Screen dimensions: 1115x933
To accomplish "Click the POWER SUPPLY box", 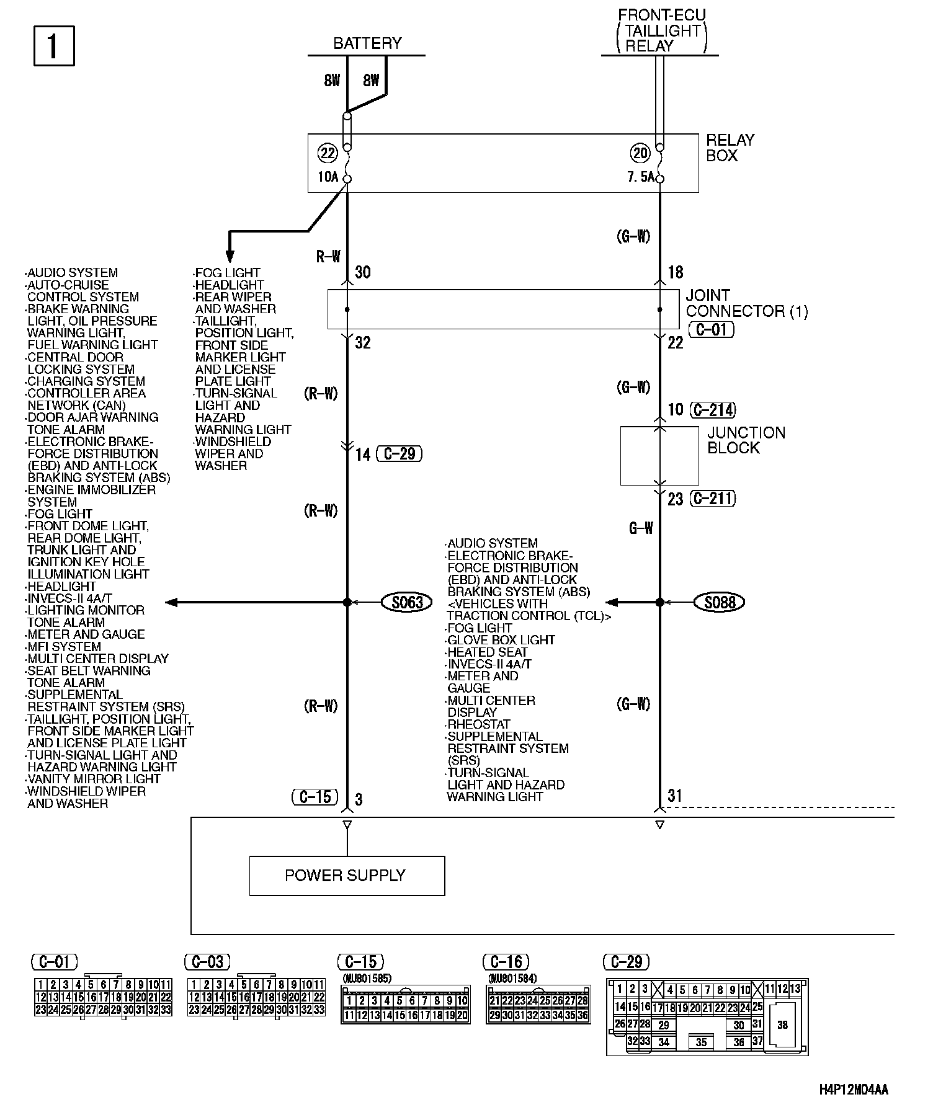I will click(347, 876).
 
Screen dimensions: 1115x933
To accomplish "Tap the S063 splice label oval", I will click(407, 602).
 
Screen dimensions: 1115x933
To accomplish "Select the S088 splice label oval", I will click(720, 602).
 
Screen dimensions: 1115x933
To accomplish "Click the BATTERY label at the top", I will click(367, 43).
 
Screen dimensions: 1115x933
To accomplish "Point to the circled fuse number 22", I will click(327, 153).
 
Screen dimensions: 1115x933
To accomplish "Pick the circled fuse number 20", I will click(640, 153).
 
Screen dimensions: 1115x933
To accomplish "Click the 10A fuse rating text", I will click(328, 177).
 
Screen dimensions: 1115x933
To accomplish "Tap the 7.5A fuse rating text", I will click(640, 177).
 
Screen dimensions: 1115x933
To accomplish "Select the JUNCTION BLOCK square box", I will click(659, 456).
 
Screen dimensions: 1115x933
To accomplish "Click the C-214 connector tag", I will click(713, 409).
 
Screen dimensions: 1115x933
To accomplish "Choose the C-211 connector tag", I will click(713, 499).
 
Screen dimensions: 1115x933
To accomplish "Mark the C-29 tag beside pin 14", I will click(400, 454).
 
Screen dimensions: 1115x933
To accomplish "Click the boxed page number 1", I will click(53, 46).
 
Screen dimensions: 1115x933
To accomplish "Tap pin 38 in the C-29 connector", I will click(782, 1025).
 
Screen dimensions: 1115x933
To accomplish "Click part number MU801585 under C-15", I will click(366, 979).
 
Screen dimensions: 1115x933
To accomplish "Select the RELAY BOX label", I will click(730, 148).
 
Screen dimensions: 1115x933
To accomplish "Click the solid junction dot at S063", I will click(347, 602).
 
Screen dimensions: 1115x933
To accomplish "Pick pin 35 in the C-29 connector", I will click(701, 1042).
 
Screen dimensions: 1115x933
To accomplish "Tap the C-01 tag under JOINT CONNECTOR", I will click(711, 329).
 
